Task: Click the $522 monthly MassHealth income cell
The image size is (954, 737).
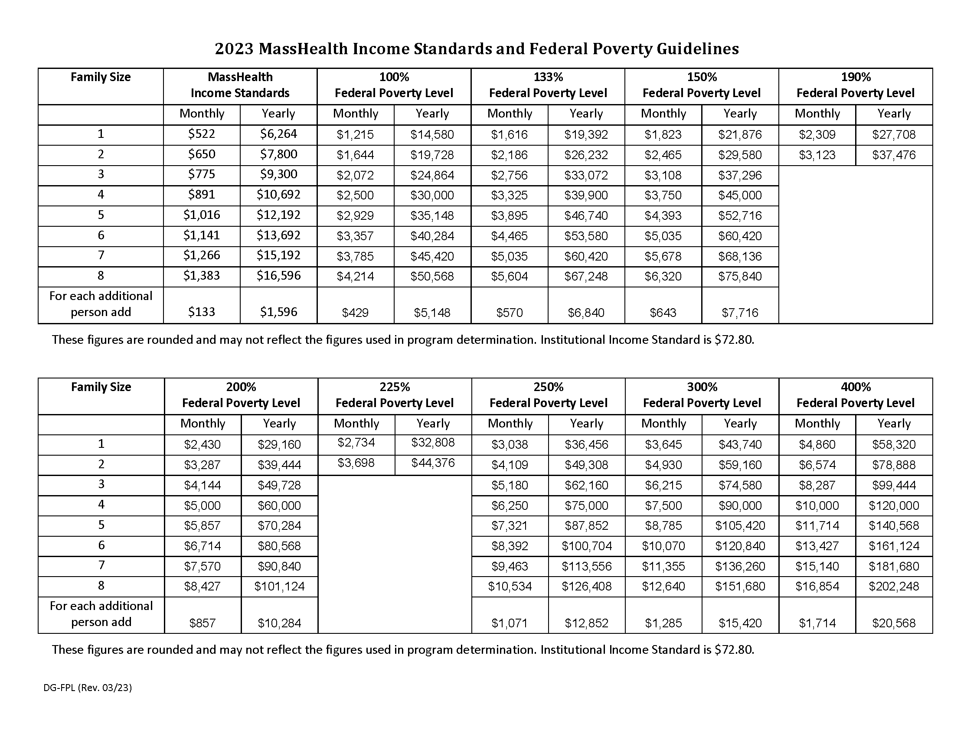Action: pyautogui.click(x=201, y=134)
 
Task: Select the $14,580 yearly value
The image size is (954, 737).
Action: pyautogui.click(x=432, y=135)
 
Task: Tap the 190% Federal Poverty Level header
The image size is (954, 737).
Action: pyautogui.click(x=855, y=85)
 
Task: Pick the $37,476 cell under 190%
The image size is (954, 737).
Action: pyautogui.click(x=894, y=155)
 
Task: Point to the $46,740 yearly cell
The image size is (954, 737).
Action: pyautogui.click(x=586, y=216)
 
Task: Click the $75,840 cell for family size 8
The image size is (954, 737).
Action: pyautogui.click(x=739, y=277)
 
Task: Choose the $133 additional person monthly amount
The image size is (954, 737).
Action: pyautogui.click(x=201, y=312)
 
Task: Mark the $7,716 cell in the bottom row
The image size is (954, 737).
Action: pyautogui.click(x=739, y=313)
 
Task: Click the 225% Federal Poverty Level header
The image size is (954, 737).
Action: pyautogui.click(x=395, y=395)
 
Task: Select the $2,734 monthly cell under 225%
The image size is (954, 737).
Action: pyautogui.click(x=356, y=443)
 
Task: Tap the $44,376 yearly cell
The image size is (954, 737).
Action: pyautogui.click(x=433, y=463)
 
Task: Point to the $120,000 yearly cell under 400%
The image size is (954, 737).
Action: pyautogui.click(x=894, y=505)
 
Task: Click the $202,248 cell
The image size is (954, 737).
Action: pyautogui.click(x=894, y=587)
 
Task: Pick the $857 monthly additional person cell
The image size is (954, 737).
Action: pyautogui.click(x=202, y=623)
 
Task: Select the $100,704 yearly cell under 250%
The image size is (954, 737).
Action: pyautogui.click(x=587, y=546)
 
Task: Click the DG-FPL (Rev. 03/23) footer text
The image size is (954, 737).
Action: pyautogui.click(x=87, y=688)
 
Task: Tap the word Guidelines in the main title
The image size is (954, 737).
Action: pyautogui.click(x=698, y=49)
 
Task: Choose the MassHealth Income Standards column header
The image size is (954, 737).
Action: pyautogui.click(x=240, y=85)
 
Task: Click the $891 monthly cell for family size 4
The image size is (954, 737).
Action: pyautogui.click(x=201, y=194)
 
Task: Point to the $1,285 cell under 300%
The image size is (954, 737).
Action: pyautogui.click(x=663, y=623)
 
